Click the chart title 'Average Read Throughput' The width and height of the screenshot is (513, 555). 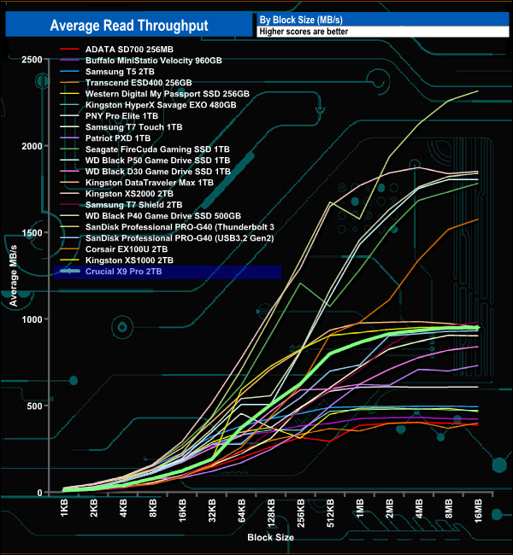click(128, 26)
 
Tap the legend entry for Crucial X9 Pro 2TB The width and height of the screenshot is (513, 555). click(123, 272)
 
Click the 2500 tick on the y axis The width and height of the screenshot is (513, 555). click(32, 60)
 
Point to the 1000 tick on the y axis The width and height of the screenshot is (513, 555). click(32, 319)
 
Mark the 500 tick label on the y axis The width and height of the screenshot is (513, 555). click(35, 406)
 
